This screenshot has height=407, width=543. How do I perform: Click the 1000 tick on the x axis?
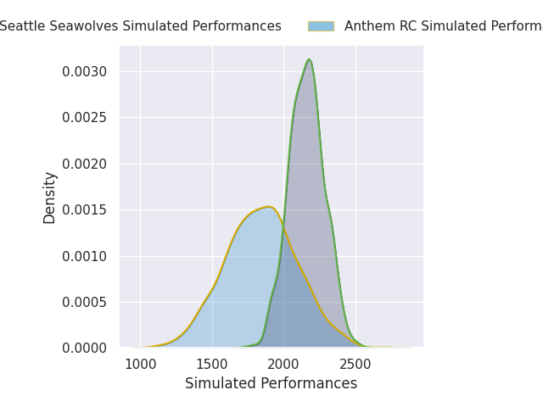coord(141,365)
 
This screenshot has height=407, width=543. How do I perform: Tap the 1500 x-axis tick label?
coord(212,365)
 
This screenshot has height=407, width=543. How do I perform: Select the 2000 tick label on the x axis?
coord(283,365)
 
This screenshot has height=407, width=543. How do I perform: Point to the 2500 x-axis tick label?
coord(355,365)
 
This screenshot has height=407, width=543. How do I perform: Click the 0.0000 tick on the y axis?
coord(85,348)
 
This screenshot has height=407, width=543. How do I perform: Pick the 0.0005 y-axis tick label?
coord(85,302)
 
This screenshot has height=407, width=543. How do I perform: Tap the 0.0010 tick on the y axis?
coord(85,256)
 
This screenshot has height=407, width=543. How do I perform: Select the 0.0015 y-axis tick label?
coord(85,209)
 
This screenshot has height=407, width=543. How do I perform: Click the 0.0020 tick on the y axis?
coord(85,164)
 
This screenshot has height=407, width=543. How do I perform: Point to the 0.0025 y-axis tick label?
coord(85,118)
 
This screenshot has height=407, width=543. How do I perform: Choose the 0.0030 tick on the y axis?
coord(85,71)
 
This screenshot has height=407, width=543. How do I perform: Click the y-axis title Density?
coord(50,198)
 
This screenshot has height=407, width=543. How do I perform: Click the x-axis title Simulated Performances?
coord(271,383)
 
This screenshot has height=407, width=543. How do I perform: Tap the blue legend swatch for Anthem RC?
coord(321,26)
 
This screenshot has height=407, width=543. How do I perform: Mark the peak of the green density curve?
coord(310,59)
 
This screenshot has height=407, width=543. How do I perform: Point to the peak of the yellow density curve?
coord(268,206)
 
